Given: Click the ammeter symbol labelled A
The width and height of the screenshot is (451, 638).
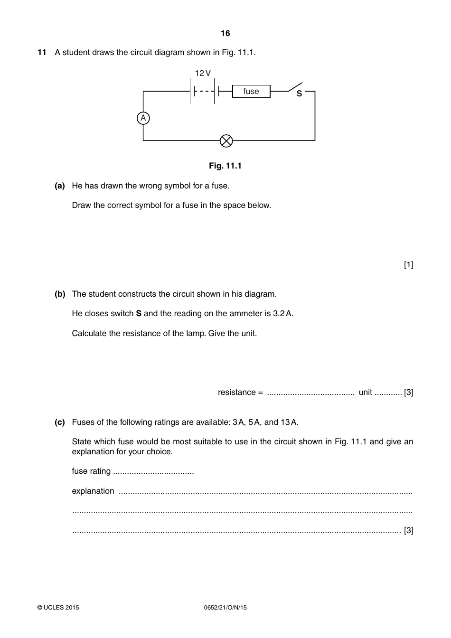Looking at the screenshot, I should [143, 118].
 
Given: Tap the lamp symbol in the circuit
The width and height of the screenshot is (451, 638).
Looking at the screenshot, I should [226, 141].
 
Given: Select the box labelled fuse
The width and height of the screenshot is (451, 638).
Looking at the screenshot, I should [251, 91].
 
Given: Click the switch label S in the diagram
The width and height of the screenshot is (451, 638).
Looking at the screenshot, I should [299, 94].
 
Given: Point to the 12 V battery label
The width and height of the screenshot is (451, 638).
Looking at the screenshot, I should [203, 73].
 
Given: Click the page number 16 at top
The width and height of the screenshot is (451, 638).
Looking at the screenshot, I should [225, 33].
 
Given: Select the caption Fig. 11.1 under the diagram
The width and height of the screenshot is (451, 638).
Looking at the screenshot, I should [225, 166].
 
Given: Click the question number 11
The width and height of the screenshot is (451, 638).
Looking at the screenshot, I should [42, 52].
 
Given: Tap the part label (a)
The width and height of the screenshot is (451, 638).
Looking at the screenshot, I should [60, 186].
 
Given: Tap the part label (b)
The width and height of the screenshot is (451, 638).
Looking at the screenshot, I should [60, 294].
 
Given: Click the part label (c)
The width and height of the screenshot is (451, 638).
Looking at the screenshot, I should [60, 422].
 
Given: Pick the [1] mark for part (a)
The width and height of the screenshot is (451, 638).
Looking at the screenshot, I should [408, 264].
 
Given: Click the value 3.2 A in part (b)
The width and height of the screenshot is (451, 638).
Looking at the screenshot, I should [283, 313].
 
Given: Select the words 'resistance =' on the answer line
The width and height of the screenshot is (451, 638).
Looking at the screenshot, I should [240, 392].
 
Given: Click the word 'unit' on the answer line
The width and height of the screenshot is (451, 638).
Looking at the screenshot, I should [366, 392].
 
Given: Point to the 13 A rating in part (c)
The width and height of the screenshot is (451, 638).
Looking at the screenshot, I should [289, 422].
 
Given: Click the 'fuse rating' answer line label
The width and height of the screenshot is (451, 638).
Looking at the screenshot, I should [91, 471].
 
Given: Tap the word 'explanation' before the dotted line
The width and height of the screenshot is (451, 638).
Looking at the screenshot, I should [93, 491].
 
